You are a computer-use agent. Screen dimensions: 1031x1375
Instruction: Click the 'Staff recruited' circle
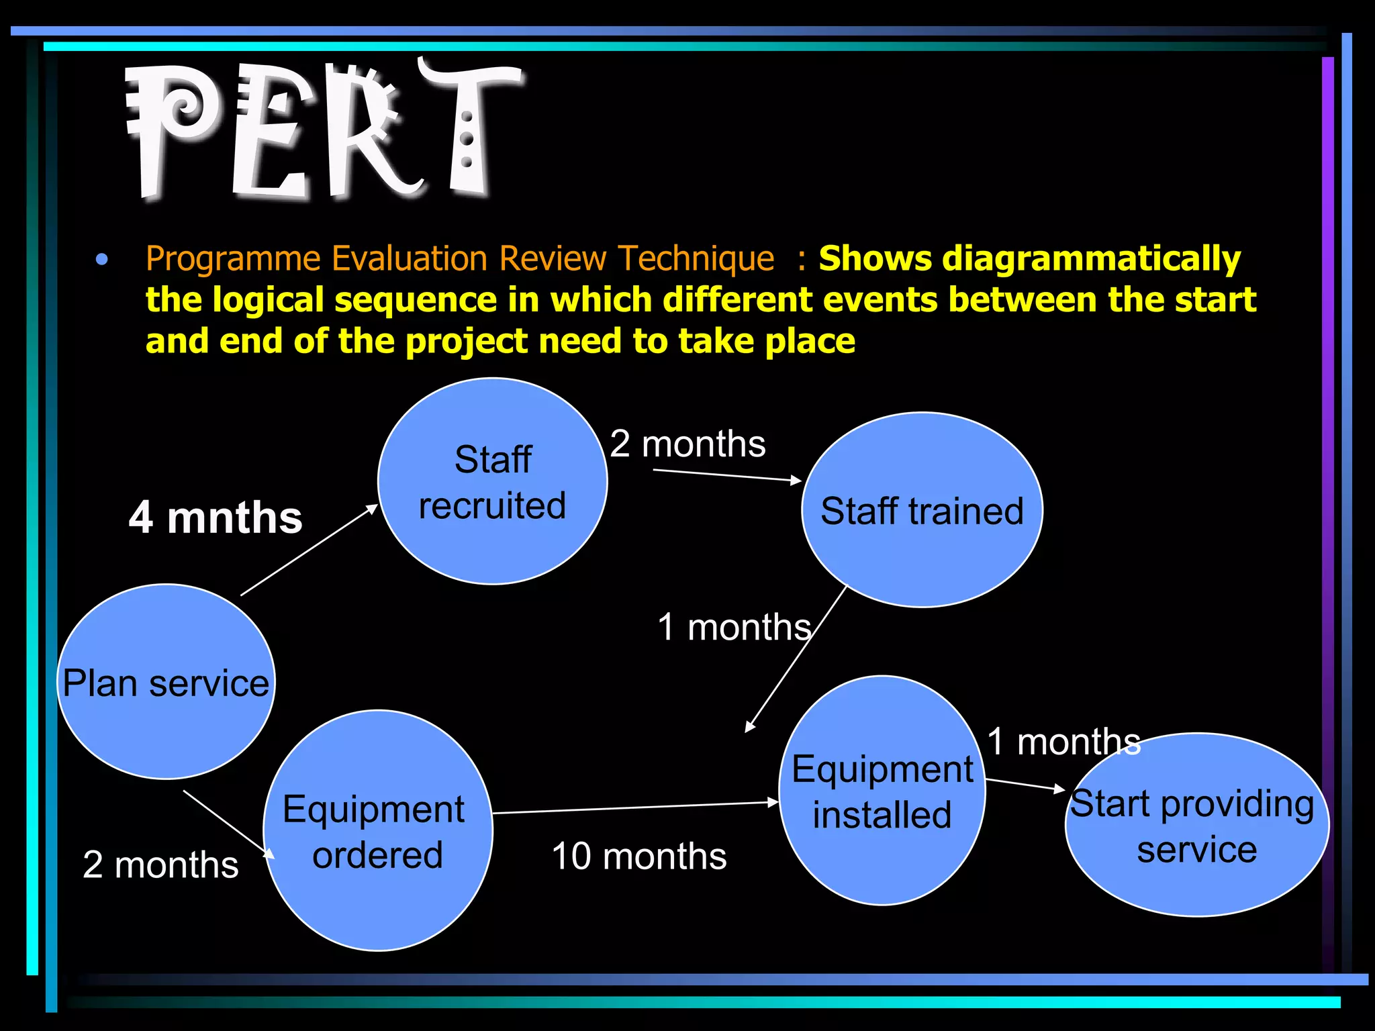click(492, 481)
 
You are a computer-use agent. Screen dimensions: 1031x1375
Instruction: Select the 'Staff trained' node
click(922, 511)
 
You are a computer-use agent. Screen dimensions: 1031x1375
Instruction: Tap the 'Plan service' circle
click(166, 683)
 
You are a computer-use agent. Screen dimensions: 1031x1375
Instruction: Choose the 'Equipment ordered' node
click(377, 831)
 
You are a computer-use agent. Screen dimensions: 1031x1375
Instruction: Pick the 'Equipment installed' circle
click(882, 791)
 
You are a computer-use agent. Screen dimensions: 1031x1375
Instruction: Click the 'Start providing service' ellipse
click(1196, 825)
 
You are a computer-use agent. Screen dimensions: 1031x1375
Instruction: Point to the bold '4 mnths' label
click(216, 518)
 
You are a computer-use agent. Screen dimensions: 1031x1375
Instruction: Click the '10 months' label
click(638, 856)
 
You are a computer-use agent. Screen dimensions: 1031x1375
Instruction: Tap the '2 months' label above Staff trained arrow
click(687, 444)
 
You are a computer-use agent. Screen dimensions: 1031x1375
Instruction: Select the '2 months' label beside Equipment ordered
click(160, 865)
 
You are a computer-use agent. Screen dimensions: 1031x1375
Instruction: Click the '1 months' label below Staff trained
click(734, 627)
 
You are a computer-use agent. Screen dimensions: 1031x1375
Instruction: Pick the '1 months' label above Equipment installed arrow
click(1063, 742)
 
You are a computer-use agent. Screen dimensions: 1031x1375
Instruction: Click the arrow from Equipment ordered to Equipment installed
click(634, 807)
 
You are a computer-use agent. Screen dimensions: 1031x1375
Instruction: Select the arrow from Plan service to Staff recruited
click(309, 550)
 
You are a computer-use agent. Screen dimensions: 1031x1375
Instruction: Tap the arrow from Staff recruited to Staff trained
click(727, 475)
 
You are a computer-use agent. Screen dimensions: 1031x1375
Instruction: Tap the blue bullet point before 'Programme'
click(102, 259)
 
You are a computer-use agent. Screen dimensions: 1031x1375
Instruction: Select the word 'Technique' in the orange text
click(696, 258)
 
